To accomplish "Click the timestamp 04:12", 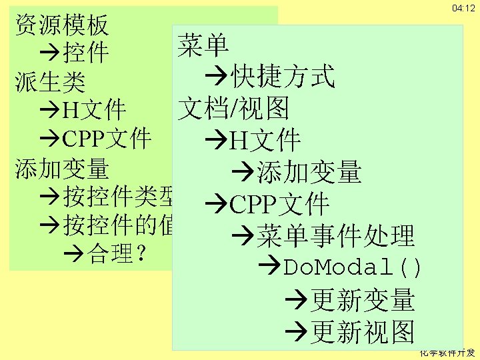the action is tap(463, 8).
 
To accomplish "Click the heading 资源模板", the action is tap(61, 25).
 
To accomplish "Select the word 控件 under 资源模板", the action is tap(86, 52).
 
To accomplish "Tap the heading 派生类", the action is tap(50, 81).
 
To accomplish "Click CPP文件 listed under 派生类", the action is tap(107, 138).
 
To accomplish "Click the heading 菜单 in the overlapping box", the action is tap(203, 45).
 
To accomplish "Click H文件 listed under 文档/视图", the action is tap(265, 141).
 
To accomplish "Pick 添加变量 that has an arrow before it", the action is tap(309, 172).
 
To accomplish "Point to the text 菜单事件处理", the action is tap(335, 235).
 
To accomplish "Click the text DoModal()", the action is tap(353, 267).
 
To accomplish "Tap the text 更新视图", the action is tap(363, 331).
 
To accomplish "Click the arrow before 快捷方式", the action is tap(217, 77).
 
